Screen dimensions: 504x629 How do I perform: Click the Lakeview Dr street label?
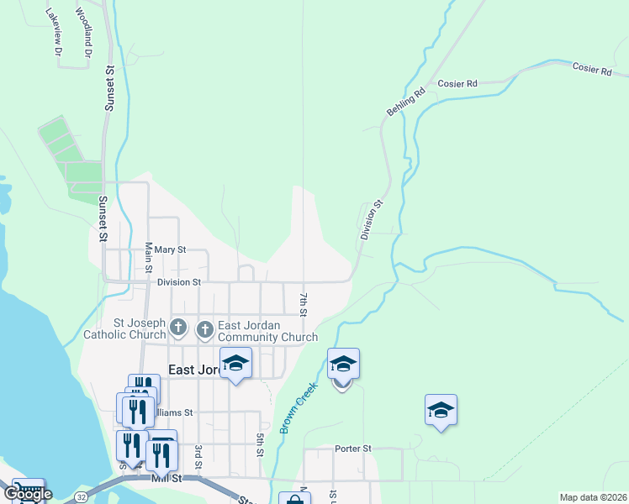[55, 33]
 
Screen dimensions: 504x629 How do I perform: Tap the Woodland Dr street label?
[83, 33]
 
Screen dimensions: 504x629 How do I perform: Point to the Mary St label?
[169, 250]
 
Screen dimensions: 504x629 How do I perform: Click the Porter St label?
[352, 449]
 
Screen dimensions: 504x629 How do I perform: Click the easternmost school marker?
[441, 411]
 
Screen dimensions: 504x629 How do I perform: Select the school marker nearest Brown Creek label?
[342, 365]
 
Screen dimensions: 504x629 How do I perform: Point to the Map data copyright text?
[592, 497]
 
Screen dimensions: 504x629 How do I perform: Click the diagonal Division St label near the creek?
[372, 221]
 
